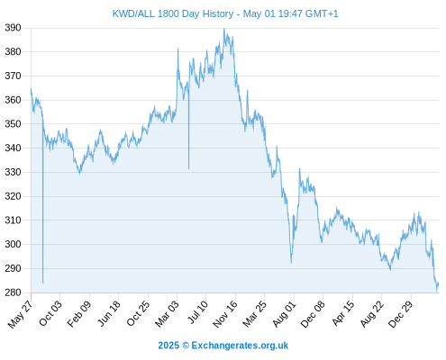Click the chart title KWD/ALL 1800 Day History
pyautogui.click(x=173, y=13)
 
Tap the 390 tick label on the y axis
pyautogui.click(x=13, y=28)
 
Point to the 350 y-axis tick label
pyautogui.click(x=13, y=124)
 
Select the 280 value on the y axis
pyautogui.click(x=13, y=292)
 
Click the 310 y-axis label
pyautogui.click(x=13, y=220)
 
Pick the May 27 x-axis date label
pyautogui.click(x=20, y=314)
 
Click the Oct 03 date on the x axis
pyautogui.click(x=50, y=313)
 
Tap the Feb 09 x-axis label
pyautogui.click(x=78, y=314)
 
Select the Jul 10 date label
pyautogui.click(x=197, y=312)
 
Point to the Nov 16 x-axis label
pyautogui.click(x=224, y=314)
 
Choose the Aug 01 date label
pyautogui.click(x=284, y=313)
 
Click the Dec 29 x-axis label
pyautogui.click(x=400, y=314)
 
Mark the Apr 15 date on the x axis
pyautogui.click(x=342, y=313)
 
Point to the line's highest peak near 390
pyautogui.click(x=224, y=29)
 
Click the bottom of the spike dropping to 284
pyautogui.click(x=43, y=283)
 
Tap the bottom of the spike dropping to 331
pyautogui.click(x=189, y=169)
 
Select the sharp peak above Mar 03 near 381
pyautogui.click(x=178, y=49)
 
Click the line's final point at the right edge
pyautogui.click(x=438, y=283)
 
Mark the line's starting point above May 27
pyautogui.click(x=31, y=89)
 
